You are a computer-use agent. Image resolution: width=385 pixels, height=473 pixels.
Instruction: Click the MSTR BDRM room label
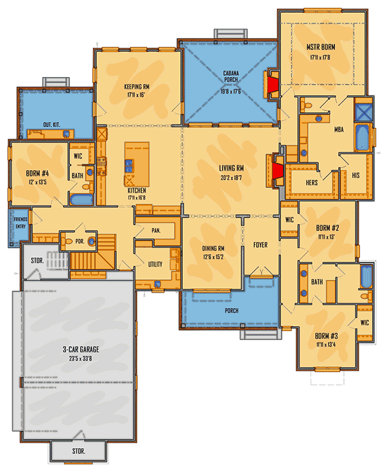coord(321,47)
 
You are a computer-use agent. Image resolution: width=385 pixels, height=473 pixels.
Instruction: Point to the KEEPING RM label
coord(137,87)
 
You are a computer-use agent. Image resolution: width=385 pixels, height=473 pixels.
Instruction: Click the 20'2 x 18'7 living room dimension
coord(231,178)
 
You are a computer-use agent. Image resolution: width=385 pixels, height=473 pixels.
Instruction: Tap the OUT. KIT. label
coord(51,125)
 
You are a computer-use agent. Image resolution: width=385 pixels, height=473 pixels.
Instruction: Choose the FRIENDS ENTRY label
coord(21,223)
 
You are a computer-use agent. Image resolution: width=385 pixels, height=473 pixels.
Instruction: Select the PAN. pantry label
coord(156,230)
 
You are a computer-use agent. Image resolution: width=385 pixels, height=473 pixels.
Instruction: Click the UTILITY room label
coord(155,264)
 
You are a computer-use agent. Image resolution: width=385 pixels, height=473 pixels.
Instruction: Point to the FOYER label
coord(261,245)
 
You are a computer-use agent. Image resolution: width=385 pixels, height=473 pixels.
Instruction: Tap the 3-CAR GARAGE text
coord(81,349)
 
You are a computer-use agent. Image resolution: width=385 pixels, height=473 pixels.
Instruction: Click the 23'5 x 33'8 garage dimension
coord(80,359)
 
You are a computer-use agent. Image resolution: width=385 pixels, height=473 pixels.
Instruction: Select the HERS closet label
coord(311,182)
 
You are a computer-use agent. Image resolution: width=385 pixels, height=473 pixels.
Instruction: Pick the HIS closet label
coord(355,175)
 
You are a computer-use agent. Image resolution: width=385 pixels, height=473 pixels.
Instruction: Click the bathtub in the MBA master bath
coord(363,137)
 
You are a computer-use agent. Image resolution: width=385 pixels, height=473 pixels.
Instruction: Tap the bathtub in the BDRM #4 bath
coord(81,200)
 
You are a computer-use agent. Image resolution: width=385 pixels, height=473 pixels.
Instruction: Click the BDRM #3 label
coord(326,336)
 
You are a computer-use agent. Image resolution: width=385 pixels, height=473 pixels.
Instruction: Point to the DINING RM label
coord(213,248)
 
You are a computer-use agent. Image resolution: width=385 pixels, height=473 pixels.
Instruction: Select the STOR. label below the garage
coord(78,451)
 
